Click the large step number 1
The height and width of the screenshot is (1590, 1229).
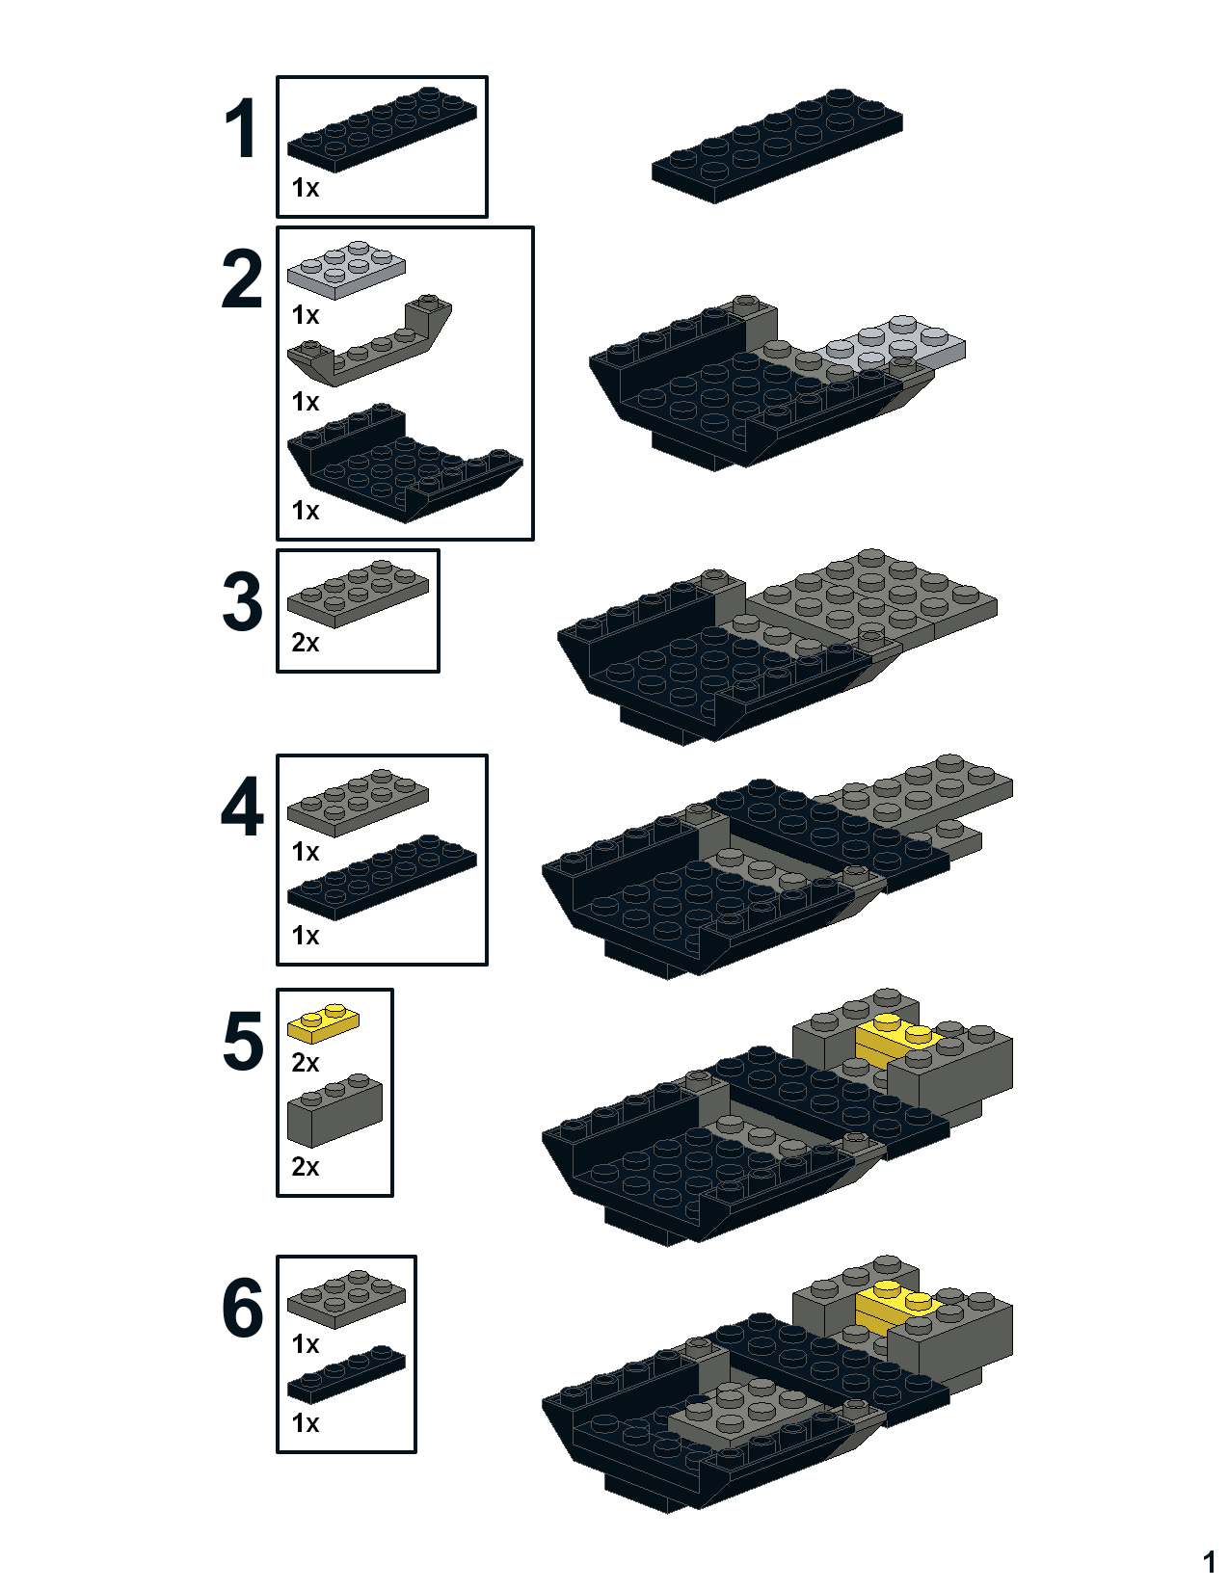coord(242,129)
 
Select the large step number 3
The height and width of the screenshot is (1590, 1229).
coord(242,601)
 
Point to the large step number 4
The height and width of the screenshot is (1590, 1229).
coord(242,807)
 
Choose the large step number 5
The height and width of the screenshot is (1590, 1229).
coord(242,1042)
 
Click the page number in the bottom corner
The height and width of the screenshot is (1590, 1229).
coord(1209,1562)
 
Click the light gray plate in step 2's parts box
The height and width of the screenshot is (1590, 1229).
coord(346,270)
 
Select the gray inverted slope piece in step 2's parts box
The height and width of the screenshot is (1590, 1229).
coord(369,340)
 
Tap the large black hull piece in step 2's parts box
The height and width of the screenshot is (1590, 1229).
coord(405,464)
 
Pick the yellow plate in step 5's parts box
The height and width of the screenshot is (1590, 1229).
coord(323,1023)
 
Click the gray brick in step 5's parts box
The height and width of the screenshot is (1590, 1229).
coord(334,1111)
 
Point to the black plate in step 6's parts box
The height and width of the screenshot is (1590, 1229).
coord(346,1373)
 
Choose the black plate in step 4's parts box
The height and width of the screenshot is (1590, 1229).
coord(382,877)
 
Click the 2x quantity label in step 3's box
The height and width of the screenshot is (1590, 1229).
coord(306,643)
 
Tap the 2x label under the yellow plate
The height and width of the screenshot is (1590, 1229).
coord(306,1063)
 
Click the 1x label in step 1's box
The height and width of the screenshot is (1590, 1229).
coord(306,188)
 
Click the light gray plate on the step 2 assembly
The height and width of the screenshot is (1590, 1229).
coord(895,342)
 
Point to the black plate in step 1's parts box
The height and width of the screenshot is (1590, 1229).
coord(382,130)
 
